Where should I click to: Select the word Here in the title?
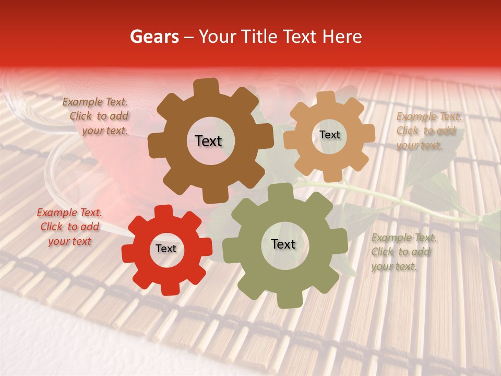pos(342,37)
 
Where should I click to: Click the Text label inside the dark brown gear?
pos(208,141)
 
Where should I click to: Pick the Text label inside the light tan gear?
pos(329,135)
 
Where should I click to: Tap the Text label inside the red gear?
pos(166,249)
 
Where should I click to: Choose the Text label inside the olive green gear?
pos(283,244)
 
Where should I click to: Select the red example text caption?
pos(69,227)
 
